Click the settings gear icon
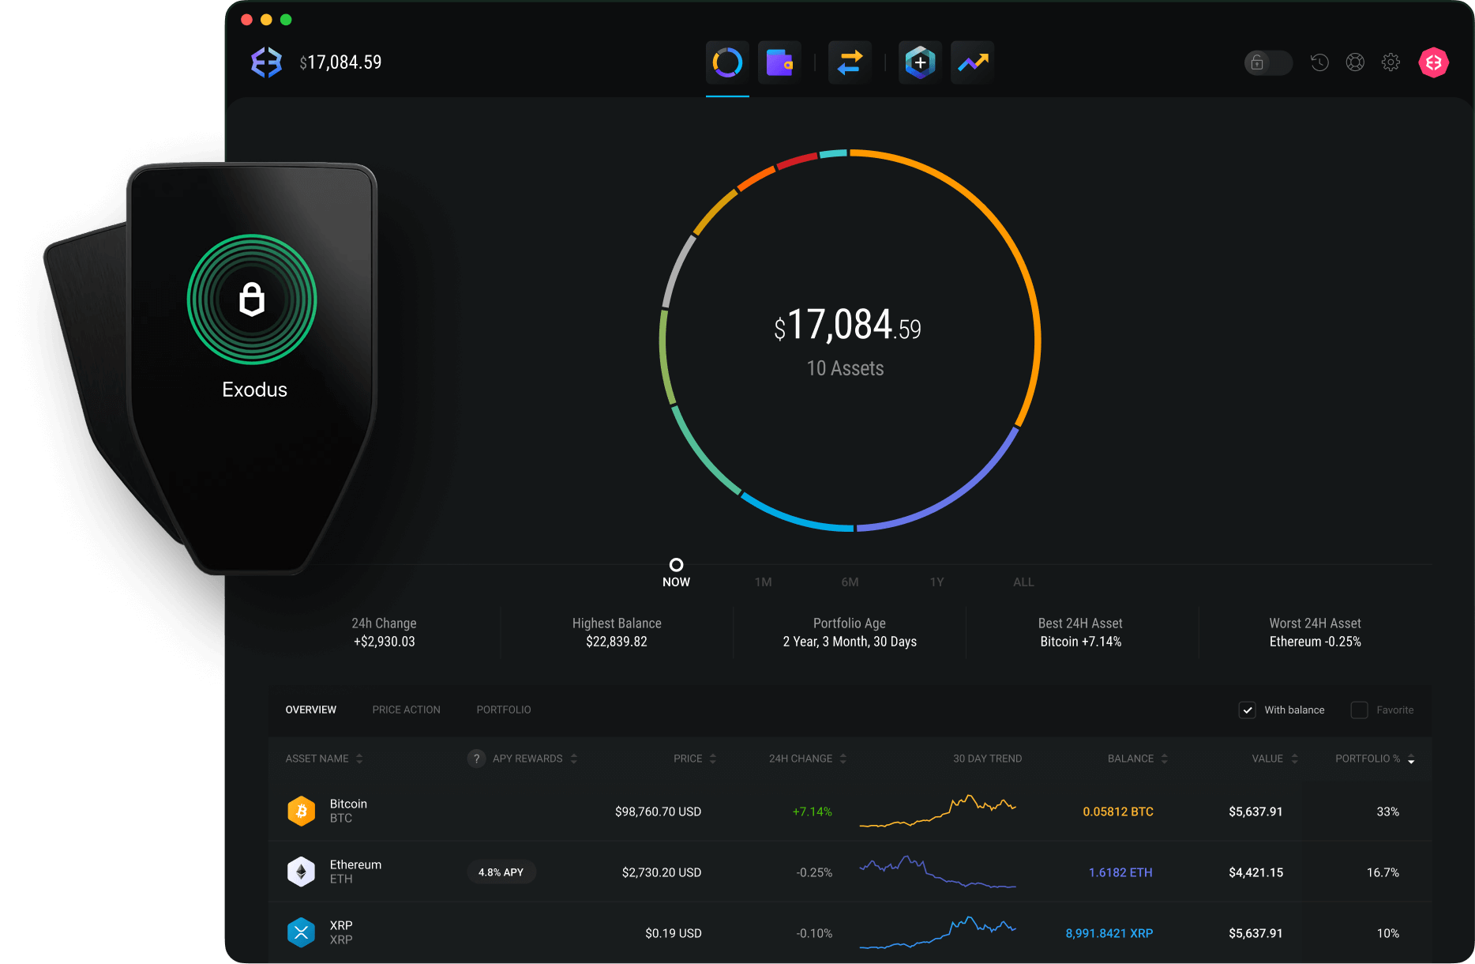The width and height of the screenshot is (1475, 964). tap(1391, 62)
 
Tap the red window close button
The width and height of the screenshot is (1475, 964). tap(246, 20)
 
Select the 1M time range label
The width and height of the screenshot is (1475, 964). tap(763, 582)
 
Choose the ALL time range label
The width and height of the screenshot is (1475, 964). tap(1023, 582)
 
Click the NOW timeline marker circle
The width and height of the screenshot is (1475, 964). tap(676, 565)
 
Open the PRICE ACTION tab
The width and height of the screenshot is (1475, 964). tap(406, 710)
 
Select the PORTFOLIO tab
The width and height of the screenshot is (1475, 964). tap(504, 710)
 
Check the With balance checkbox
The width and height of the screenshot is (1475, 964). tap(1248, 710)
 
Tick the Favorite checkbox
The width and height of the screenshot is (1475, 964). tap(1359, 710)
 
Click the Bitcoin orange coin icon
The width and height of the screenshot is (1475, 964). tap(302, 811)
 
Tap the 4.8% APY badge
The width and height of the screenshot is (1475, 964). tap(501, 872)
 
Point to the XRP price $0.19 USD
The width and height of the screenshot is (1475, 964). tap(673, 933)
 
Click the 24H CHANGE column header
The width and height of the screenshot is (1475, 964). tap(801, 759)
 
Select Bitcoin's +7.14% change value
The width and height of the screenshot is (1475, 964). tap(812, 811)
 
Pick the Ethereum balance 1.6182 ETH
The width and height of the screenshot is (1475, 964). tap(1120, 872)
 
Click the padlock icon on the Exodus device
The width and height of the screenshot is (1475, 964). tap(252, 299)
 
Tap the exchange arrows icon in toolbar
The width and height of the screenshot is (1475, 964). tap(850, 62)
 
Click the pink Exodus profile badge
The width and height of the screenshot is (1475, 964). tap(1433, 62)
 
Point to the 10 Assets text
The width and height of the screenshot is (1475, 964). tap(845, 368)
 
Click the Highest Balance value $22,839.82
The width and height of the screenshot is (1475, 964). tap(616, 642)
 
